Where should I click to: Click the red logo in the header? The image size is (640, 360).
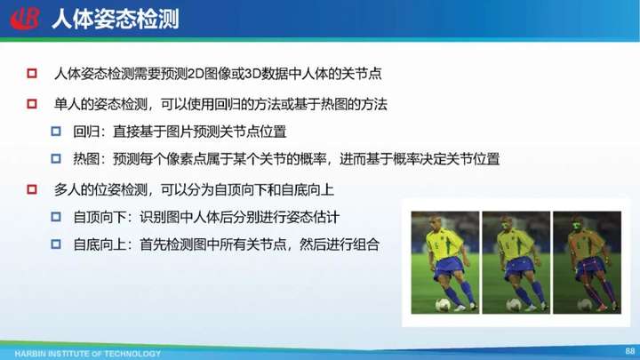(25, 19)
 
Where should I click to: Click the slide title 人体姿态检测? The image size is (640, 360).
(116, 20)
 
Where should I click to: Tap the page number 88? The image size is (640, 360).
(630, 351)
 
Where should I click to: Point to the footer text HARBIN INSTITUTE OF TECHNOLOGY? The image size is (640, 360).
(88, 354)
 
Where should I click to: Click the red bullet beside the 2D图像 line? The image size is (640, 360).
(32, 74)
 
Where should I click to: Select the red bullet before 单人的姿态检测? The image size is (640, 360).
(32, 104)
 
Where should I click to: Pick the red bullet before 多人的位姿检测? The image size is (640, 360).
(32, 189)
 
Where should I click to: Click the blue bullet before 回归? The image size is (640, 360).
(56, 132)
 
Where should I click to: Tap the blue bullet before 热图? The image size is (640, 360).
(56, 158)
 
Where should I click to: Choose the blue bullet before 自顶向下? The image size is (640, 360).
(56, 217)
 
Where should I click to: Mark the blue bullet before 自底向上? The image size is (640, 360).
(56, 244)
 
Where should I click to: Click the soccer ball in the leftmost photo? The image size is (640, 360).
(443, 304)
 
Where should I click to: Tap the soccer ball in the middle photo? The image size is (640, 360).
(514, 304)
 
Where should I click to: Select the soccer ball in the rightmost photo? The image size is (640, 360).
(585, 304)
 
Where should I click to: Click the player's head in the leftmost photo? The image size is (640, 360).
(435, 223)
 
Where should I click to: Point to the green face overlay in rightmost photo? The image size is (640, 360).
(577, 226)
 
